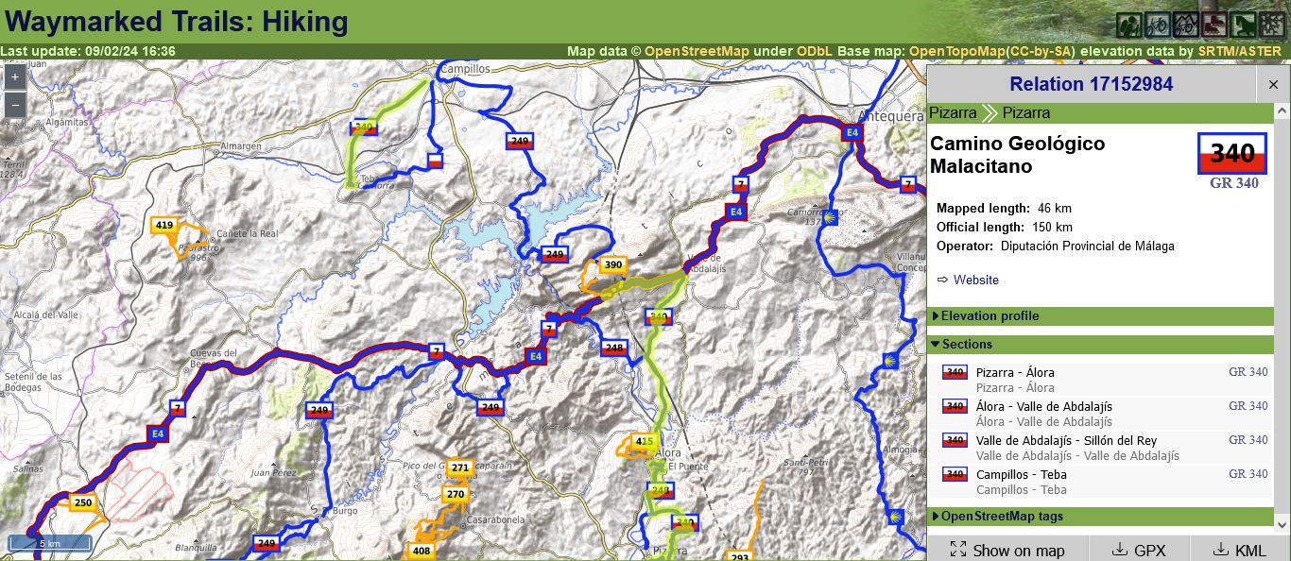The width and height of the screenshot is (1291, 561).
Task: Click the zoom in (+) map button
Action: point(15,77)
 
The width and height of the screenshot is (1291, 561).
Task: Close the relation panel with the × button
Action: point(1273,85)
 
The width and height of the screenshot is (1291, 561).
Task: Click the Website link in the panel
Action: point(975,280)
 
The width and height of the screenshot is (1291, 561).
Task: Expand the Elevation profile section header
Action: point(990,316)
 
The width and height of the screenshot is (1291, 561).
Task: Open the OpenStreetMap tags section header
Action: point(1002,517)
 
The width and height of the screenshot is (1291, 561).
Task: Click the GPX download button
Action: point(1140,550)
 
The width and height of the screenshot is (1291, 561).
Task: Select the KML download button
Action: point(1239,550)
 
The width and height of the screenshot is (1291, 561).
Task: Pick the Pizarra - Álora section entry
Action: point(1015,373)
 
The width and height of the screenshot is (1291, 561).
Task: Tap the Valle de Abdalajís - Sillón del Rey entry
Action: point(1066,441)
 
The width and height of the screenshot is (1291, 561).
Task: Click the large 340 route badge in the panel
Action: point(1232,153)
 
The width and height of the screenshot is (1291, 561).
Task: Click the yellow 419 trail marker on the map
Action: point(164,225)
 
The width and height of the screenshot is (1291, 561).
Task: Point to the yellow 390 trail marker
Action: point(612,265)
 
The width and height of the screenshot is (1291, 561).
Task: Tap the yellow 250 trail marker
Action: point(83,503)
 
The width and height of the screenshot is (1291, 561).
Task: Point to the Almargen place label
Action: point(240,146)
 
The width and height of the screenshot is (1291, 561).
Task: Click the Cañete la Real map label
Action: point(248,233)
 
